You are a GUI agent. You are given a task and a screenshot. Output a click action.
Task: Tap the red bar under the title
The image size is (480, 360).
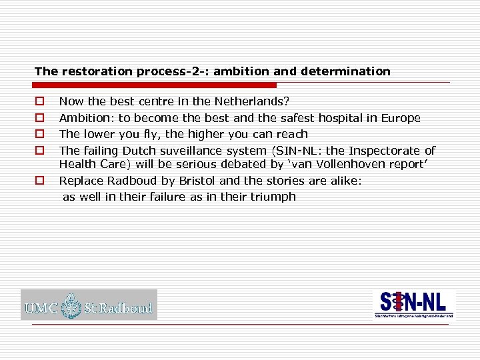155,85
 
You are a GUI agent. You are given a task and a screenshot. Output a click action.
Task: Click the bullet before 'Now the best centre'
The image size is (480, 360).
40,102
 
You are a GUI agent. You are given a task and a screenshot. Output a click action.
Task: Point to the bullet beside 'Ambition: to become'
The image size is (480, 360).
40,118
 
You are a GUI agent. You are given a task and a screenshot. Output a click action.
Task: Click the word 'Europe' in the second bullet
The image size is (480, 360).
401,118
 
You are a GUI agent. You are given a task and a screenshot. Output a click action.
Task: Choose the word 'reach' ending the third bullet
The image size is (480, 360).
291,134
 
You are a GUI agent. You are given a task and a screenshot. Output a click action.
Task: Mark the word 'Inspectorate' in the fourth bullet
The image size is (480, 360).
388,151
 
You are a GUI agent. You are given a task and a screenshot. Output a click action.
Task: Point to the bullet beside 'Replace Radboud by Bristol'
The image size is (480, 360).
40,180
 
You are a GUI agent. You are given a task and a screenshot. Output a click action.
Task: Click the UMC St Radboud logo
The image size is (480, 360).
89,305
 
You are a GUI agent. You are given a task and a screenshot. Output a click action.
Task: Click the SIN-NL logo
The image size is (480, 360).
414,304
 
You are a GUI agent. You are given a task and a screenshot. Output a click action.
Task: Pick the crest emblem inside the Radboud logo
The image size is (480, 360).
71,306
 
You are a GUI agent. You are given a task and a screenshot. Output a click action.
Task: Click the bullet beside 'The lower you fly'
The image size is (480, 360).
40,134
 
